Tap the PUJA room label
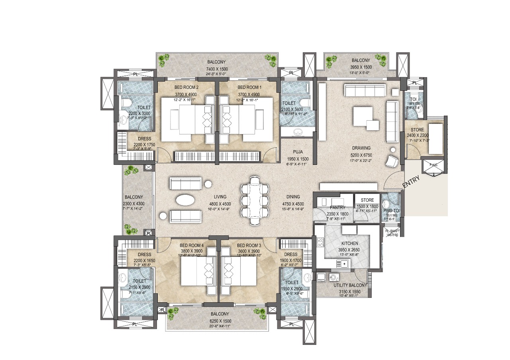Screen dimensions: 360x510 click(298, 152)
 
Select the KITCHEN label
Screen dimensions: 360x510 click(349, 243)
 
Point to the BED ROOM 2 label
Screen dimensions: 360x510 click(186, 87)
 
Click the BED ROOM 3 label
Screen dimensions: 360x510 click(249, 245)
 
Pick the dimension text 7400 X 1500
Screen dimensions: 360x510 click(216, 68)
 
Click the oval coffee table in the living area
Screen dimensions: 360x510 click(186, 200)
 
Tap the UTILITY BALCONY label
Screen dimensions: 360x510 click(350, 286)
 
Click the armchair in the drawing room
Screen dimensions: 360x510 click(392, 160)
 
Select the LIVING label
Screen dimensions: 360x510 click(220, 197)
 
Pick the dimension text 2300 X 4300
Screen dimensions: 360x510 click(133, 203)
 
